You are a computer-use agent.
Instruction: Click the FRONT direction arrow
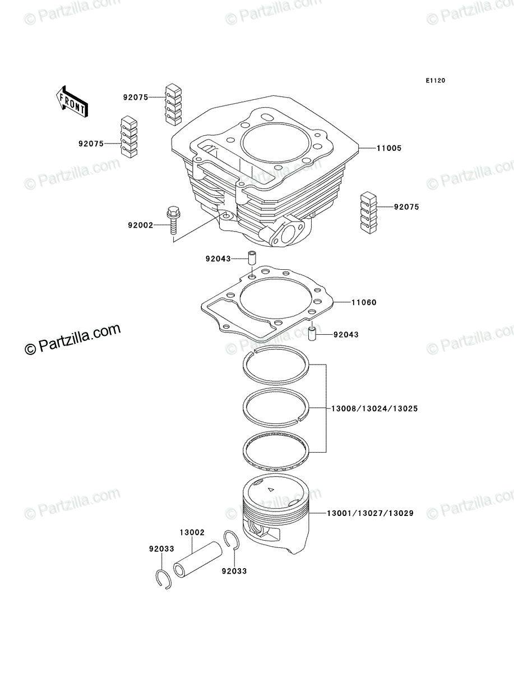coord(72,102)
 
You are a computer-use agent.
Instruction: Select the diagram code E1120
coord(435,81)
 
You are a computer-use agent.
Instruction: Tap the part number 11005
coord(388,148)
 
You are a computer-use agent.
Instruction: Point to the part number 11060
coord(364,302)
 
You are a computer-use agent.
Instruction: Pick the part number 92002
coord(140,225)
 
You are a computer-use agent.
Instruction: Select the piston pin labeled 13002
coord(197,565)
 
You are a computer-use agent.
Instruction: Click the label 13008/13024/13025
coord(374,409)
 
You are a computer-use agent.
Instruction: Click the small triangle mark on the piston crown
coord(271,490)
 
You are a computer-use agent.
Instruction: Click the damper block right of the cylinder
coord(369,213)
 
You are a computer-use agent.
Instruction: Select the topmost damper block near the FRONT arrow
coord(173,104)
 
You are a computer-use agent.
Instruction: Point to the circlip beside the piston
coord(231,540)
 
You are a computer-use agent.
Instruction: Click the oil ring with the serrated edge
coord(276,451)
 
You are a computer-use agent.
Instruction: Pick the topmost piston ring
coord(276,365)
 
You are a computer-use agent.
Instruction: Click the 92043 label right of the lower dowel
coord(346,334)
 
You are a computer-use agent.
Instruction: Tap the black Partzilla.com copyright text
coord(72,339)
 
